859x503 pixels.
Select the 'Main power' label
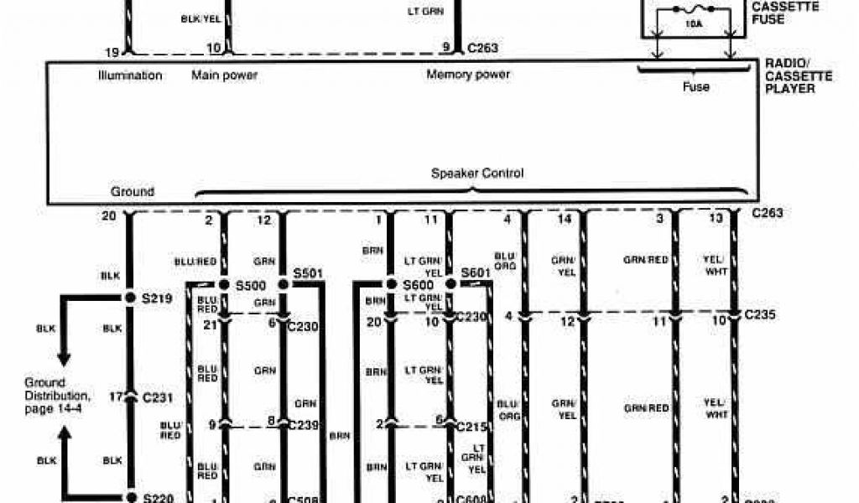[224, 75]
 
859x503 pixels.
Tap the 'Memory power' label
[468, 75]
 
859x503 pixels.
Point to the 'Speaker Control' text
[477, 174]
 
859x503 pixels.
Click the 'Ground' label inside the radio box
[133, 191]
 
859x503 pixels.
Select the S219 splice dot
[129, 298]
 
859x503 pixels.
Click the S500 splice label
[251, 285]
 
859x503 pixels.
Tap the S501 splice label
[308, 274]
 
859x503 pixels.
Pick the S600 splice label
[419, 285]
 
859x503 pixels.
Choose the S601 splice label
[476, 274]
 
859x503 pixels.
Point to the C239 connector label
[304, 424]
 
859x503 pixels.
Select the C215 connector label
[471, 425]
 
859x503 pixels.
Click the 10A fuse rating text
[694, 25]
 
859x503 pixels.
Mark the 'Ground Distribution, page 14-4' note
[57, 395]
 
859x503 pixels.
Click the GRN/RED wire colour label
[646, 260]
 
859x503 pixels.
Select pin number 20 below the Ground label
[109, 216]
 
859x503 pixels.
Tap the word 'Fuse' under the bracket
[696, 86]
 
